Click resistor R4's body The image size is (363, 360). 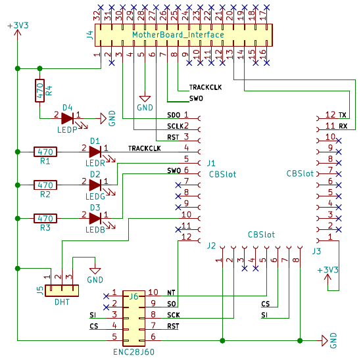[39, 91]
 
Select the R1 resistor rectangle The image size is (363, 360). [45, 152]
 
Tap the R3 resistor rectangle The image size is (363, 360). [45, 219]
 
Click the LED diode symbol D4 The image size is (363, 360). [68, 119]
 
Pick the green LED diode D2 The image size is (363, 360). [95, 185]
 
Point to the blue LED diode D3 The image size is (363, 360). [95, 219]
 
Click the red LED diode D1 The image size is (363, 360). [95, 152]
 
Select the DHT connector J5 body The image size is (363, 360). [62, 290]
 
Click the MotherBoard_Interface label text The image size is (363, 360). [178, 35]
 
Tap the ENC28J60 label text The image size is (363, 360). [133, 352]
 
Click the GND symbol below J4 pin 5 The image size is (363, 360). [145, 99]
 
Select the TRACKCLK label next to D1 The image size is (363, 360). [145, 148]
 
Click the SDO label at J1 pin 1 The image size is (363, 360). [174, 115]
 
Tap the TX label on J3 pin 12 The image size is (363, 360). [343, 115]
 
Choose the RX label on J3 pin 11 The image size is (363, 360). [343, 126]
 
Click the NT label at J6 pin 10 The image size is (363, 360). [171, 293]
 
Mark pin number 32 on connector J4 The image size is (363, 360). [97, 16]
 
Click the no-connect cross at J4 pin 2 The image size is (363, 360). [112, 62]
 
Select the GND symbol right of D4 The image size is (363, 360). [103, 119]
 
